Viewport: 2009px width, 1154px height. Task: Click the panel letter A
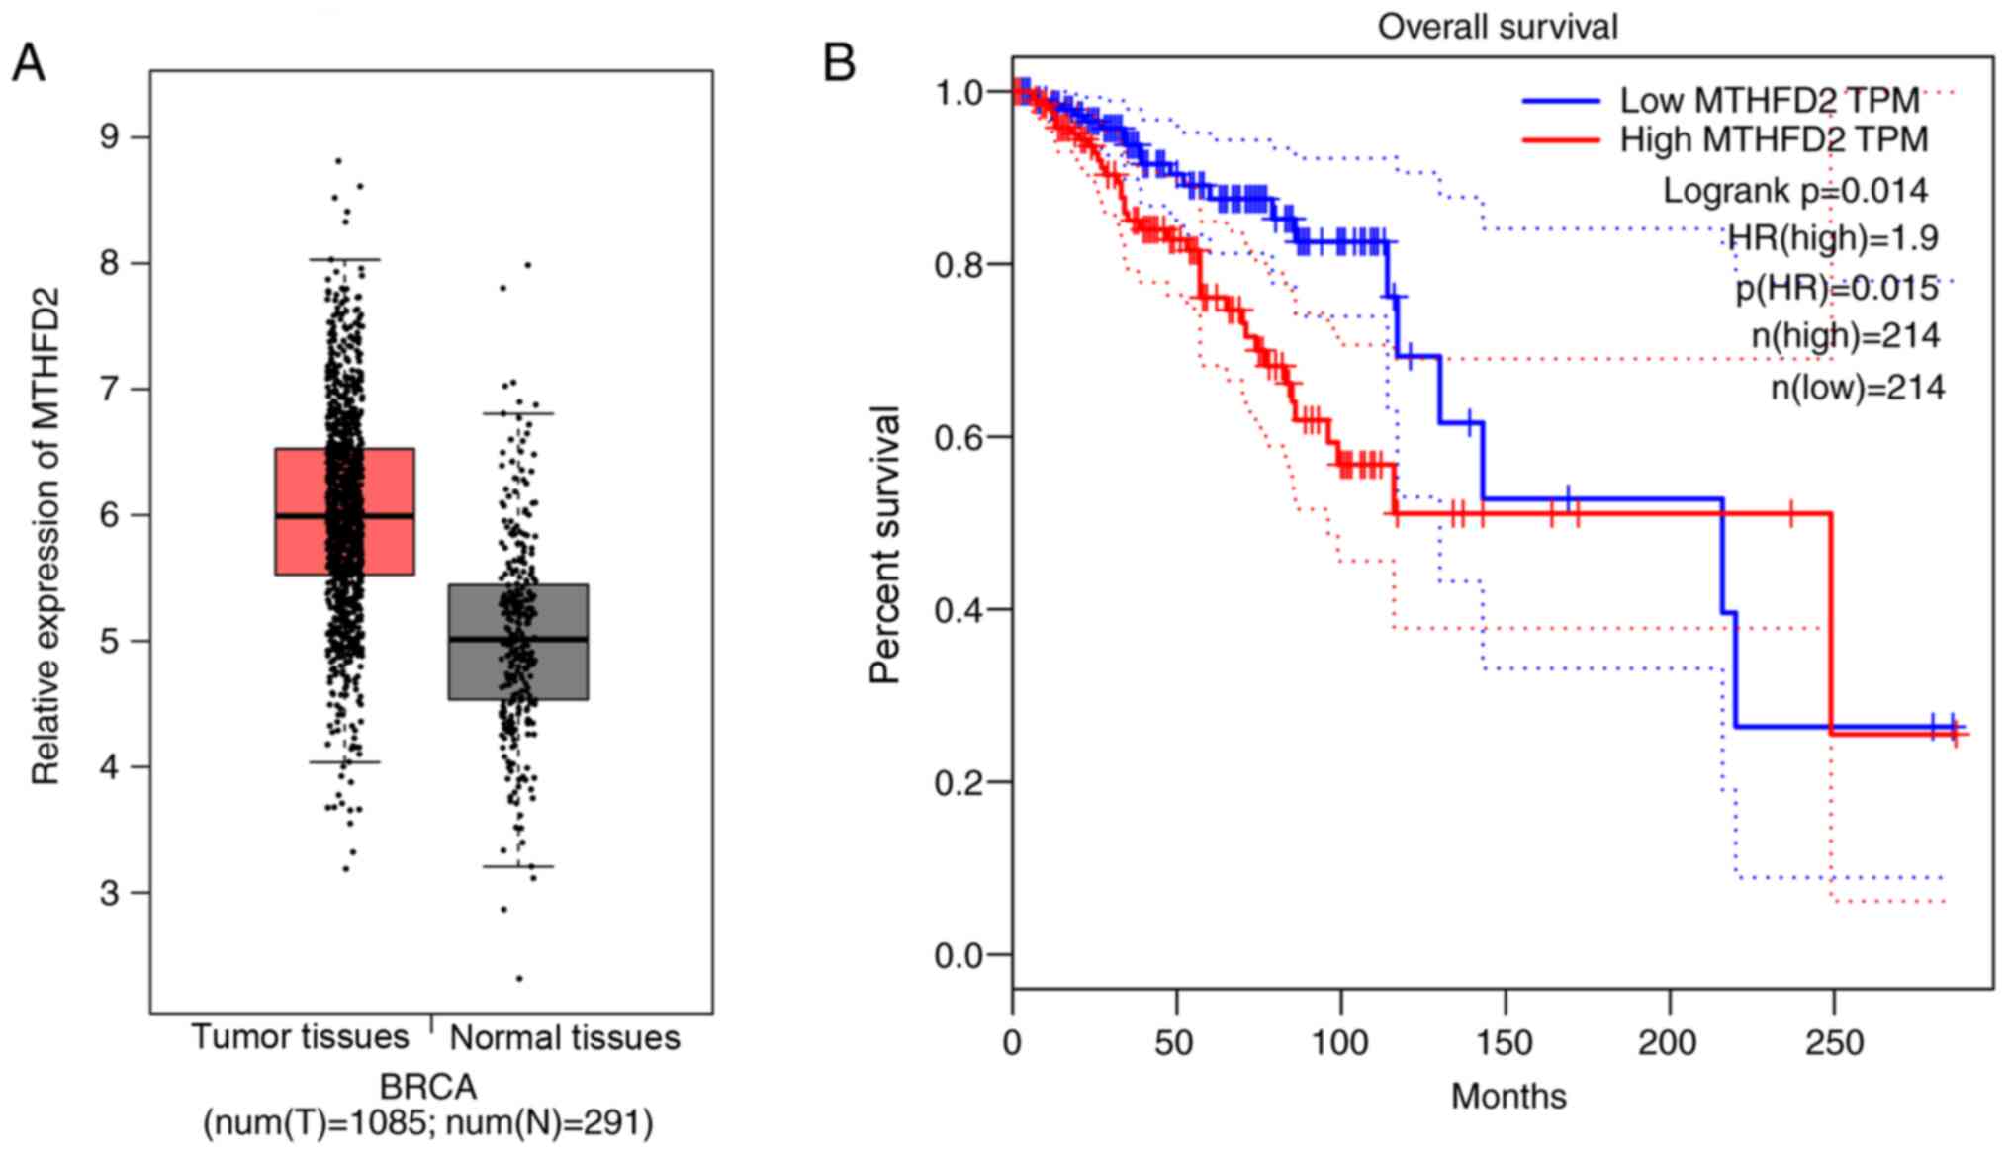pos(28,64)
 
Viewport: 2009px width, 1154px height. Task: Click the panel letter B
pos(839,64)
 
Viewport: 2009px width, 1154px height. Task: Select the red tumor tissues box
pos(297,511)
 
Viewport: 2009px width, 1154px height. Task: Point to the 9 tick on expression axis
pos(109,136)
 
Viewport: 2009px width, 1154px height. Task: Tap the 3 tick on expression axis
pos(109,893)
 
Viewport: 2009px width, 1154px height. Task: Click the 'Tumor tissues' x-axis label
pos(300,1036)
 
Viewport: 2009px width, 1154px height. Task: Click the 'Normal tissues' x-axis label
pos(565,1037)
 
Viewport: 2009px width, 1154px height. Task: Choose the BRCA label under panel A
pos(428,1087)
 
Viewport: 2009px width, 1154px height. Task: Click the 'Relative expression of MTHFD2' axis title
pos(46,537)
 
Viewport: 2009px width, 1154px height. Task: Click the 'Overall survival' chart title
pos(1498,27)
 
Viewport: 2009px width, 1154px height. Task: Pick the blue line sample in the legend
pos(1560,101)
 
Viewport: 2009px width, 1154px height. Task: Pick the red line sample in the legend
pos(1560,140)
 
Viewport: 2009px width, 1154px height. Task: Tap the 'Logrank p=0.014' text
pos(1794,190)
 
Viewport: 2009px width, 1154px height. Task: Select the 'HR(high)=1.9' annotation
pos(1833,238)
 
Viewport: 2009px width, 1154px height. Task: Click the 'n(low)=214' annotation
pos(1858,387)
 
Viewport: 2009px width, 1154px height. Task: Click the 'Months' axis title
pos(1508,1096)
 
